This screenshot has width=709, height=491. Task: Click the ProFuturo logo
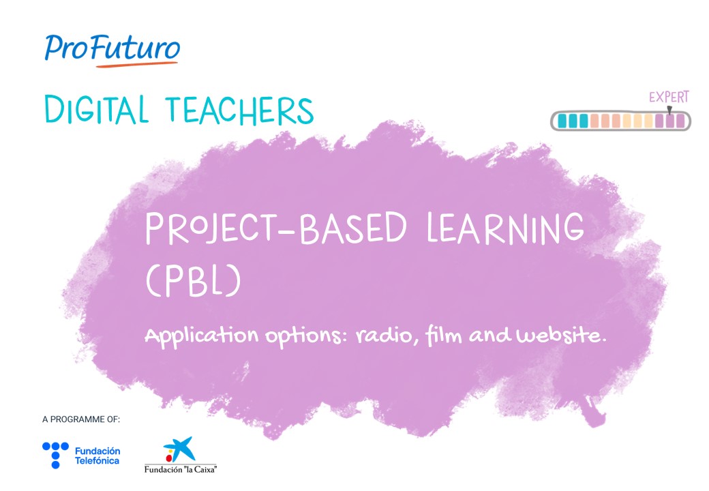click(112, 50)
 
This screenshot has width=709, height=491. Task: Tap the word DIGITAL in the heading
click(97, 109)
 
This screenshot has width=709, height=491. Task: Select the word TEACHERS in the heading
click(239, 110)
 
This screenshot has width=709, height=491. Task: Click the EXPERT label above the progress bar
click(669, 97)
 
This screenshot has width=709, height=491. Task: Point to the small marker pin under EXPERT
click(669, 110)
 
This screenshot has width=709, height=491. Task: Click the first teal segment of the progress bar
click(562, 121)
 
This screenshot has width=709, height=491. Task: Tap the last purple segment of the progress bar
click(680, 121)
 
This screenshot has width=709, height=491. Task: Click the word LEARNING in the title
click(506, 228)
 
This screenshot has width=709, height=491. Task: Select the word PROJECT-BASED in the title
click(276, 228)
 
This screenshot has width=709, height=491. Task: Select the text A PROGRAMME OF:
click(81, 419)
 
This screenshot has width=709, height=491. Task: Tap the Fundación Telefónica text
click(97, 456)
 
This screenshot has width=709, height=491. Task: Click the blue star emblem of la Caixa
click(180, 449)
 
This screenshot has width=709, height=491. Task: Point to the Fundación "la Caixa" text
click(181, 469)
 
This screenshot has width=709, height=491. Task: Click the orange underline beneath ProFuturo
click(137, 65)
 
